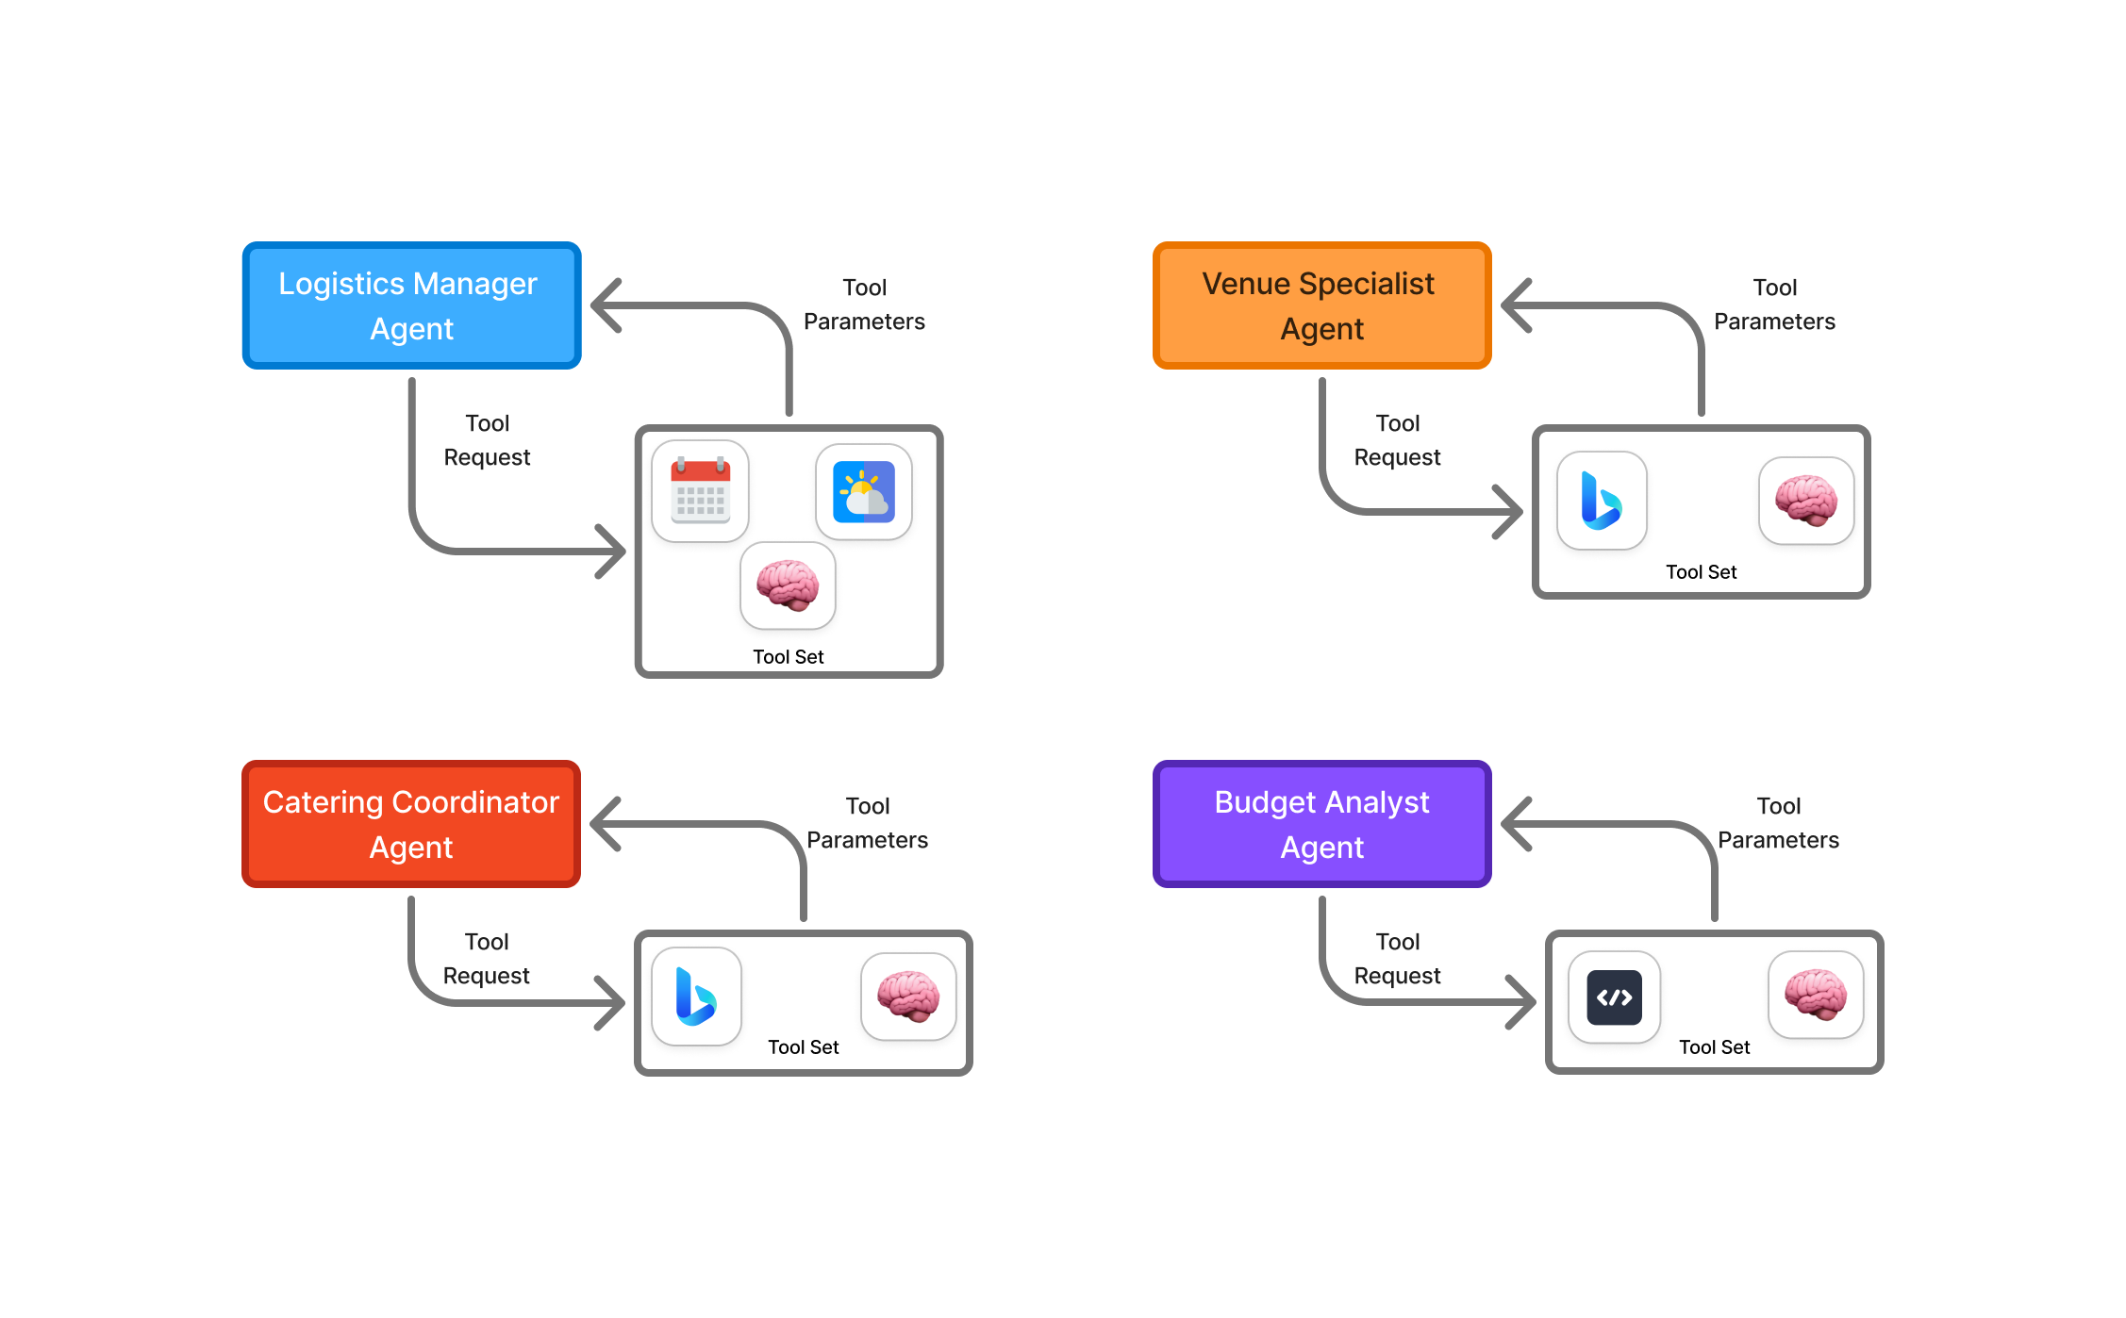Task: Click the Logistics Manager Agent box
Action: coord(411,305)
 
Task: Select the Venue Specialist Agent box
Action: coord(1321,305)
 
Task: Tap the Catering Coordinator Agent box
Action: coord(411,824)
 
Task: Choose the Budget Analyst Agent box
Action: coord(1321,824)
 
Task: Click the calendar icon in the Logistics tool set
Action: coord(700,491)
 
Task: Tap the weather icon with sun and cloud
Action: coord(863,491)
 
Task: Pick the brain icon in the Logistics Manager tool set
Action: coord(788,585)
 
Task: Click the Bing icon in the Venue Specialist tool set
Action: coord(1602,501)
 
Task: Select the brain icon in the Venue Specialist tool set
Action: coord(1806,501)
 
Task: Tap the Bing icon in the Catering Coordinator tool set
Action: coord(696,997)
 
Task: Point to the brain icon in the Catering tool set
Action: coord(908,997)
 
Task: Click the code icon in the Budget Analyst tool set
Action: coord(1614,997)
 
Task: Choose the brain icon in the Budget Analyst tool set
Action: coord(1816,995)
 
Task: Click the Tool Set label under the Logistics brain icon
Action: coord(788,657)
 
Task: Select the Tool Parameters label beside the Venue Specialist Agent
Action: coord(1774,305)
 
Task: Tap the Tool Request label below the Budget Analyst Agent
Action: coord(1397,959)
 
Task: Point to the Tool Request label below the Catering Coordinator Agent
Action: coord(486,959)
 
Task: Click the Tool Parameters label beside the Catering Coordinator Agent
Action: coord(867,823)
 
